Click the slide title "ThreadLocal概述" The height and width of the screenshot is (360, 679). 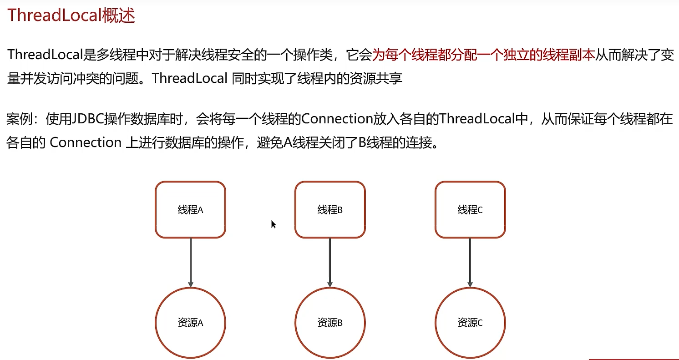click(x=71, y=15)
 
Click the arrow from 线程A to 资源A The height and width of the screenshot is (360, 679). click(x=190, y=262)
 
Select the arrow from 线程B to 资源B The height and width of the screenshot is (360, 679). click(x=330, y=262)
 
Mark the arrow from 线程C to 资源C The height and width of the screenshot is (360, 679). click(x=470, y=262)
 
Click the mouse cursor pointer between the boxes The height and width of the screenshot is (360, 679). click(x=274, y=224)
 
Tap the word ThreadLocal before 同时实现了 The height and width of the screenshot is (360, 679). click(x=189, y=78)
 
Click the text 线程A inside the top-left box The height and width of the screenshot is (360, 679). click(x=190, y=210)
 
